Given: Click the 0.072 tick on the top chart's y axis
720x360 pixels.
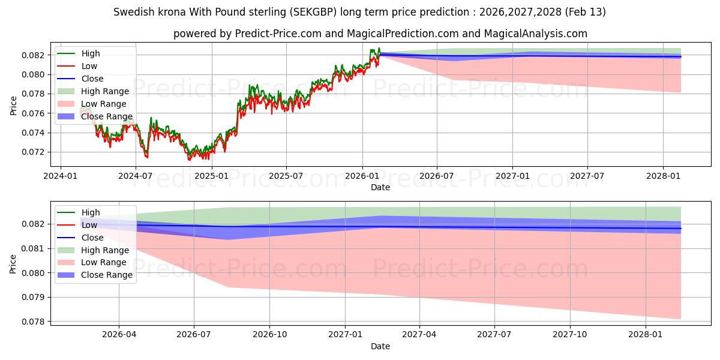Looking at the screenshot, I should coord(34,152).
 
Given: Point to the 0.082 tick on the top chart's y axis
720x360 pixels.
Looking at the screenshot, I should coord(34,55).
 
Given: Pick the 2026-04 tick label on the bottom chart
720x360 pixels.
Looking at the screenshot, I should coord(119,334).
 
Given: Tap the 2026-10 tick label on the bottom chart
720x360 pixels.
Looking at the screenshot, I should coord(269,334).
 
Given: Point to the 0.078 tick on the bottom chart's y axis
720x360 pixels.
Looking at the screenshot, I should coord(34,322).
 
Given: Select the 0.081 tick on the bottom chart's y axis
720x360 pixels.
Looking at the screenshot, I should coord(34,248).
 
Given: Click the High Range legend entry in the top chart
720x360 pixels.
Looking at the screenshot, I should coord(105,91).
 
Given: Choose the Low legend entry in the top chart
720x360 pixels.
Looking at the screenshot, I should coord(89,66).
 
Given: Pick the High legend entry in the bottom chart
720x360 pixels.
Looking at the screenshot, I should coord(91,212).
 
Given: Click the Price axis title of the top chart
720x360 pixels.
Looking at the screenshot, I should coord(14,106).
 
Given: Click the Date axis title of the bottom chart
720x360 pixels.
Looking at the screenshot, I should coord(380,346).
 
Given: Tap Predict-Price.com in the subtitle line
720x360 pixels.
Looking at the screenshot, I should coord(272,34).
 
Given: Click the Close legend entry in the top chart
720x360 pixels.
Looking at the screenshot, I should coord(92,79).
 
